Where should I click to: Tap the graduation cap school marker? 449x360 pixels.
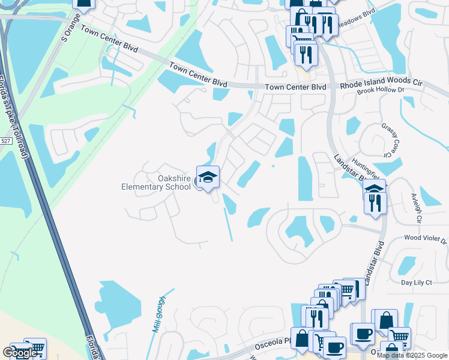[x=208, y=177]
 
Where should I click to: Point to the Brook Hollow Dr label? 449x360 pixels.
[x=381, y=91]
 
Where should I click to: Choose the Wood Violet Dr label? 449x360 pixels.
[x=425, y=239]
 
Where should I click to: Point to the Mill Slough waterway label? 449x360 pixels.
[x=158, y=314]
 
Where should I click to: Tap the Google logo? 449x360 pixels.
[x=20, y=353]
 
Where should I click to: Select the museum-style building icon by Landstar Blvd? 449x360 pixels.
[x=374, y=188]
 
